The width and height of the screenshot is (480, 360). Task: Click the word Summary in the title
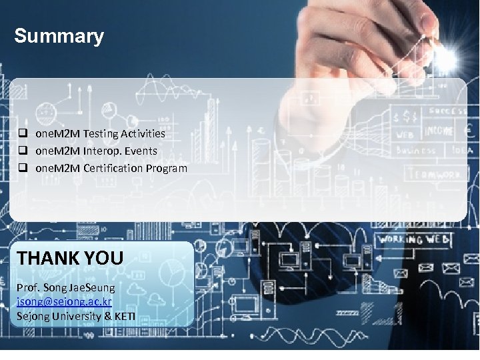(x=59, y=36)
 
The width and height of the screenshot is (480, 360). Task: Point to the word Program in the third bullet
(x=166, y=168)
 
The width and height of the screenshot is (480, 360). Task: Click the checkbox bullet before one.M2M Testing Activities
(x=22, y=133)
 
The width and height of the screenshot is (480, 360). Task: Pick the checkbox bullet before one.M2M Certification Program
(x=22, y=168)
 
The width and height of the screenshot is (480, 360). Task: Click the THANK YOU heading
(x=70, y=257)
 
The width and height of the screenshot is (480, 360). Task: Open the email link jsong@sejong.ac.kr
(x=64, y=301)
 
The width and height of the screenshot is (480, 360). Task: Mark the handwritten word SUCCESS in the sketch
(x=447, y=111)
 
